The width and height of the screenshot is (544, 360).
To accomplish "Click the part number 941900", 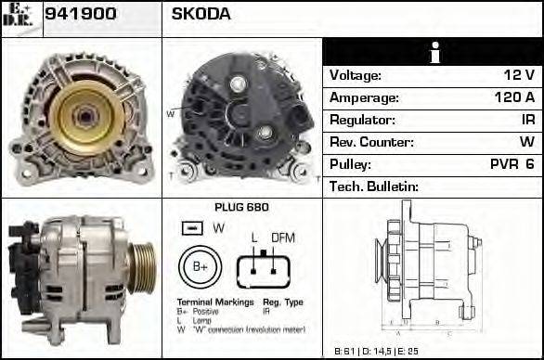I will click(x=81, y=15).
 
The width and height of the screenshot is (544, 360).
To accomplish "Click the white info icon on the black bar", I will click(x=432, y=53).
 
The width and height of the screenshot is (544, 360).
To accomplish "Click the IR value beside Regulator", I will click(x=527, y=121).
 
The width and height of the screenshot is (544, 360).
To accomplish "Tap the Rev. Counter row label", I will click(x=371, y=143).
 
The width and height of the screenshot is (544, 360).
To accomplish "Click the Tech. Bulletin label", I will click(x=374, y=186).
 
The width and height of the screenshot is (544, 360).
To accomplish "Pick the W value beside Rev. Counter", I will click(x=526, y=143).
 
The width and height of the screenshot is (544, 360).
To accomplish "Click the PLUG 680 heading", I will click(x=240, y=208).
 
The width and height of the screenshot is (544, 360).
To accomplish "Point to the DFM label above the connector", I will click(x=282, y=238).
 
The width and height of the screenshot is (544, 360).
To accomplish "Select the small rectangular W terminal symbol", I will click(x=192, y=228).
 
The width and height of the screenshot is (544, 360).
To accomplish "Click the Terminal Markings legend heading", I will click(x=214, y=303).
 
